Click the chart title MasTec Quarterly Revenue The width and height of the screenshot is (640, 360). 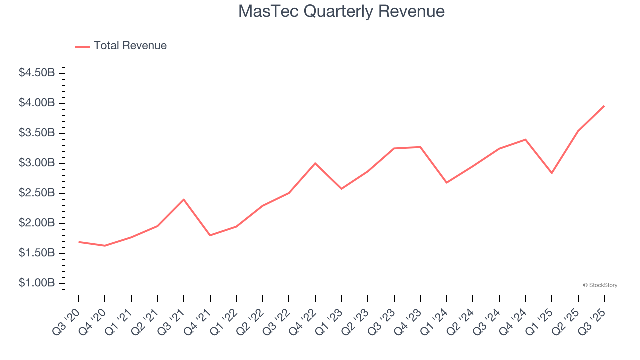pos(341,11)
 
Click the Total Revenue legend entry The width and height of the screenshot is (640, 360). pos(121,46)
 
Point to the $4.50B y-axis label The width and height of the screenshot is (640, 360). pos(37,73)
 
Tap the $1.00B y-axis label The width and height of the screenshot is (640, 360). pos(37,283)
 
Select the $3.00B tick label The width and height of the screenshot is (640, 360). pos(37,163)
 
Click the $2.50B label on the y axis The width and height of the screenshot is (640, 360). pos(37,193)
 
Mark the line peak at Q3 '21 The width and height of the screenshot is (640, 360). pos(184,200)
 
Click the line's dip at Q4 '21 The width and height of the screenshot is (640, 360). pos(210,235)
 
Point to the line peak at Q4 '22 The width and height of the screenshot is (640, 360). pos(315,163)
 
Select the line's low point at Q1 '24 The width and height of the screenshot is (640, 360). pos(446,182)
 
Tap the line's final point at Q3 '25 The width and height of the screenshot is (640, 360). pos(604,106)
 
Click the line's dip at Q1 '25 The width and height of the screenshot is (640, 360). pos(552,173)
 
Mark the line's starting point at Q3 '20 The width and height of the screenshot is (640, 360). pos(79,242)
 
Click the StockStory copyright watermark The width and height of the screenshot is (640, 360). pos(600,285)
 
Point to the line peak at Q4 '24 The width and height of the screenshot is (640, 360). pos(525,139)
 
